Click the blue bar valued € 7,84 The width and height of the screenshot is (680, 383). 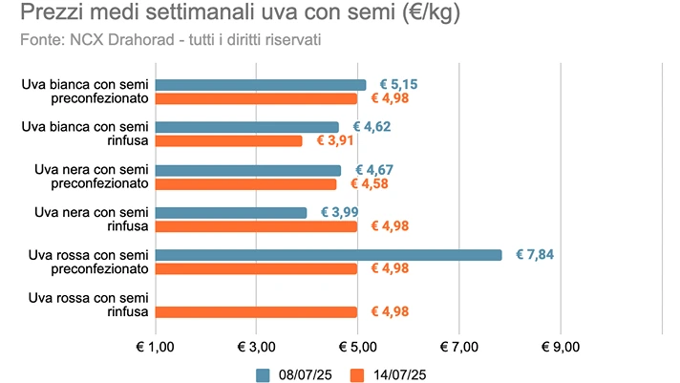pyautogui.click(x=328, y=255)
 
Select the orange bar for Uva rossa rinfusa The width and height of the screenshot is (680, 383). pyautogui.click(x=256, y=311)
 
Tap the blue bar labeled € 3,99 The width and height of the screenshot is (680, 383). pyautogui.click(x=230, y=212)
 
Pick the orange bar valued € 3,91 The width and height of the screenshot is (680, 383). pyautogui.click(x=228, y=140)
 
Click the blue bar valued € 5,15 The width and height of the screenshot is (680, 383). pyautogui.click(x=260, y=85)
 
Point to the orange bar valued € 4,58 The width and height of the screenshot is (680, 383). pyautogui.click(x=245, y=183)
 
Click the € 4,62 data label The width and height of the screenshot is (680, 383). pyautogui.click(x=372, y=126)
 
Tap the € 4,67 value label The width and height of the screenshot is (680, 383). pyautogui.click(x=373, y=170)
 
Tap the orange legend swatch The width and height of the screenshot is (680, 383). pyautogui.click(x=358, y=373)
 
